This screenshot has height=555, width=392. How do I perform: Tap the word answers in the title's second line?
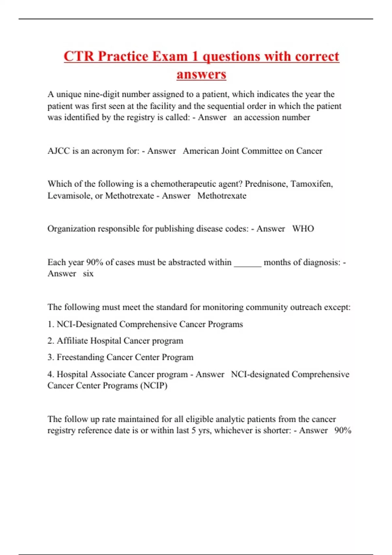coord(201,74)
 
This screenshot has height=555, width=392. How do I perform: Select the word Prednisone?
coord(266,184)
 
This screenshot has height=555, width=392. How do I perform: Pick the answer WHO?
coord(303,229)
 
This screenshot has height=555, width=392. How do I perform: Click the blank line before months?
coord(248,263)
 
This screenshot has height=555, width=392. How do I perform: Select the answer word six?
coord(88,274)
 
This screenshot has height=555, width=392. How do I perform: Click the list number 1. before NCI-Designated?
coord(51,324)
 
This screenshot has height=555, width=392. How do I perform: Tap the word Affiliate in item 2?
coord(72,341)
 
